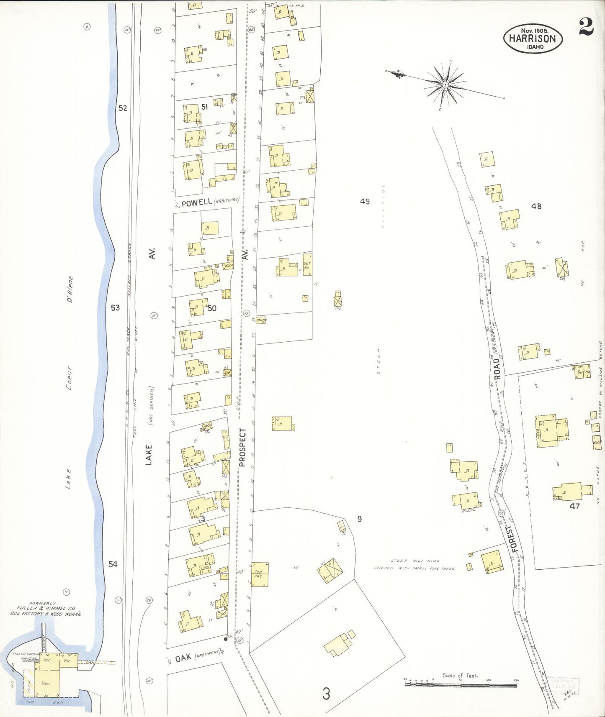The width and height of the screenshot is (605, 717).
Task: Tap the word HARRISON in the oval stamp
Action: (532, 38)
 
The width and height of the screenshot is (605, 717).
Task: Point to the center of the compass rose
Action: (445, 85)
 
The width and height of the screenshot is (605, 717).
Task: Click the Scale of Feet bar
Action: (461, 685)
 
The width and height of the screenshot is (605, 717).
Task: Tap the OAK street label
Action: (183, 658)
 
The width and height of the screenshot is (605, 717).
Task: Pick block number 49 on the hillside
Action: (365, 202)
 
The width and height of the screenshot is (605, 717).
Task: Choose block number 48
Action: (536, 206)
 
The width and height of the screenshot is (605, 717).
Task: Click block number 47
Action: (574, 506)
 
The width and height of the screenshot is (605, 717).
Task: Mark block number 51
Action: (204, 107)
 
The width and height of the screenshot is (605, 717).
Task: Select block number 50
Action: (212, 308)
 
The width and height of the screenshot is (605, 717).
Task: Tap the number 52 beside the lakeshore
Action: (122, 108)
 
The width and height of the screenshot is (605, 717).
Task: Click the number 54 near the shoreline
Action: (113, 564)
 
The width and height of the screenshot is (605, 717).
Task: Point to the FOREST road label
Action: (513, 538)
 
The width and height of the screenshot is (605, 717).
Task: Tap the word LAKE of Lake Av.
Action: (149, 455)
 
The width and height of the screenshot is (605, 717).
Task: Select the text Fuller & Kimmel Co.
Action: (46, 608)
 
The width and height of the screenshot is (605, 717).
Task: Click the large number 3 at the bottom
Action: (326, 694)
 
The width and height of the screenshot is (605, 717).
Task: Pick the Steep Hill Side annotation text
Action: (415, 561)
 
